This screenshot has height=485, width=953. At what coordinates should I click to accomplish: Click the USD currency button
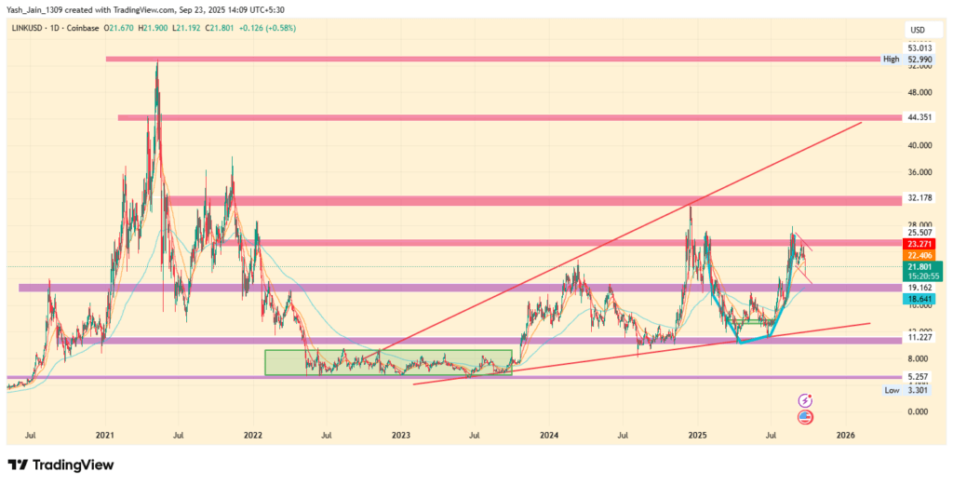pyautogui.click(x=918, y=30)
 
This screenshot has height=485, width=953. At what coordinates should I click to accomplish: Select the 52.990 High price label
pyautogui.click(x=918, y=59)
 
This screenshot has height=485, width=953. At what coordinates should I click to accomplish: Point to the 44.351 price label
pyautogui.click(x=918, y=117)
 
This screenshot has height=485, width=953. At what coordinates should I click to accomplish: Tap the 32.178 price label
pyautogui.click(x=918, y=198)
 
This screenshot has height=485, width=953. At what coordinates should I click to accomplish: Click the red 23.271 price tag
pyautogui.click(x=918, y=242)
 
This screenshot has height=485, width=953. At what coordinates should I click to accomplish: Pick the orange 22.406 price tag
pyautogui.click(x=918, y=254)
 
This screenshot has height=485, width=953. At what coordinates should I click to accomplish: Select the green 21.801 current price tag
pyautogui.click(x=918, y=266)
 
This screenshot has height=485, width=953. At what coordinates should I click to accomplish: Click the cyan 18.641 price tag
pyautogui.click(x=918, y=299)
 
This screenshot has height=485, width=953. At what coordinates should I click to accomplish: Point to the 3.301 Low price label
pyautogui.click(x=918, y=391)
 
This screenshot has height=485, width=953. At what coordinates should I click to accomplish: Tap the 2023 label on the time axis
pyautogui.click(x=401, y=435)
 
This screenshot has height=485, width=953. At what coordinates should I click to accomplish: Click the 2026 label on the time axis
pyautogui.click(x=845, y=435)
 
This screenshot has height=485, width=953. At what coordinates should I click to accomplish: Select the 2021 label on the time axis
pyautogui.click(x=104, y=435)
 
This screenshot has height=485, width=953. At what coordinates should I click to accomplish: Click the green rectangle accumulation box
pyautogui.click(x=388, y=362)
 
